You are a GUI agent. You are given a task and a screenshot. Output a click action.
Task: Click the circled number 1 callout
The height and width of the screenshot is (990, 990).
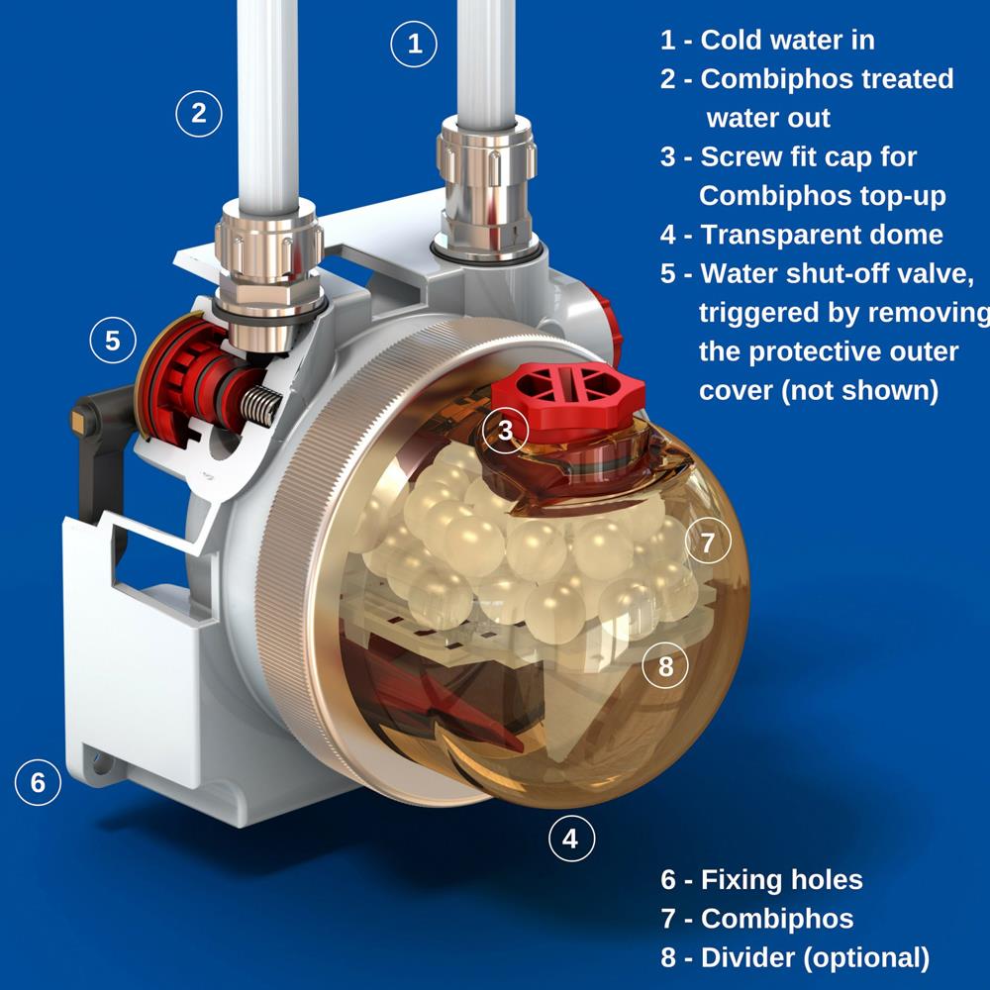[415, 44]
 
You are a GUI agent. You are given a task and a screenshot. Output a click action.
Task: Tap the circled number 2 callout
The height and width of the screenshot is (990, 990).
[199, 113]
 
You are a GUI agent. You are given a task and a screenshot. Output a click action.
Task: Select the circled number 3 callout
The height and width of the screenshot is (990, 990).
[506, 431]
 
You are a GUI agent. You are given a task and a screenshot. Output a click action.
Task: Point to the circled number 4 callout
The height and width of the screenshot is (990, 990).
[570, 840]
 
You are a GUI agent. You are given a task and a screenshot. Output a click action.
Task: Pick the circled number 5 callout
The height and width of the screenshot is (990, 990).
[113, 341]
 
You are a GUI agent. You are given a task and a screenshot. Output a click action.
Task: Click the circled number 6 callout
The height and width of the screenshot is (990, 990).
[38, 782]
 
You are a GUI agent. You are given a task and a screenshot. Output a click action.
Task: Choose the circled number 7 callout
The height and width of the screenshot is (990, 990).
[707, 543]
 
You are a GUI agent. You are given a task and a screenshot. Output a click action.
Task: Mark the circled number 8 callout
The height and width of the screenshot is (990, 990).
[665, 666]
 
